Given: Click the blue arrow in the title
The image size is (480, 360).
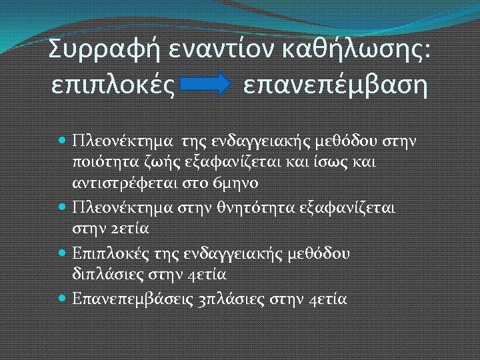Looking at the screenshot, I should (x=207, y=85).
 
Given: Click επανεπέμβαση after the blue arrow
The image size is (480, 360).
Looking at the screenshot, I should (x=335, y=85).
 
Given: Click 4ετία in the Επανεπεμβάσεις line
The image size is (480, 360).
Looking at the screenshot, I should (x=329, y=298).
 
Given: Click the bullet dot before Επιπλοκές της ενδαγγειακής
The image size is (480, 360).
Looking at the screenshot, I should (x=62, y=253).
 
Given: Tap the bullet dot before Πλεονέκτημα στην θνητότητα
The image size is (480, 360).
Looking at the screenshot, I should (x=62, y=207).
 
